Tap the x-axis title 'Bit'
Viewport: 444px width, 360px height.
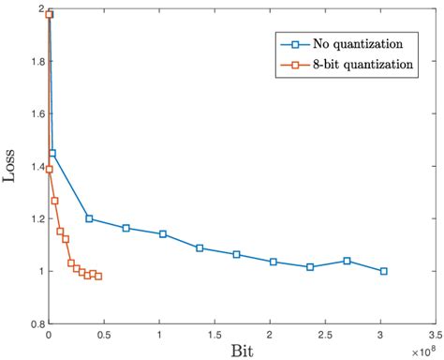point(241,350)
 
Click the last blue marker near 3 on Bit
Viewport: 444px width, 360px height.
point(383,271)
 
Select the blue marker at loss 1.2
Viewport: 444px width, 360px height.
point(89,218)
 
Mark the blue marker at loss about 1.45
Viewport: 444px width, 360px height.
point(52,153)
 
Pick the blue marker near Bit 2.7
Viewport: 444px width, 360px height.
point(348,261)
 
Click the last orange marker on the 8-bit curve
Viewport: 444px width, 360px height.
point(98,276)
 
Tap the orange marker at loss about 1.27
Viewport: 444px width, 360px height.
point(55,201)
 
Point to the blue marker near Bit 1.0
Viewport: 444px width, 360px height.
point(163,233)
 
